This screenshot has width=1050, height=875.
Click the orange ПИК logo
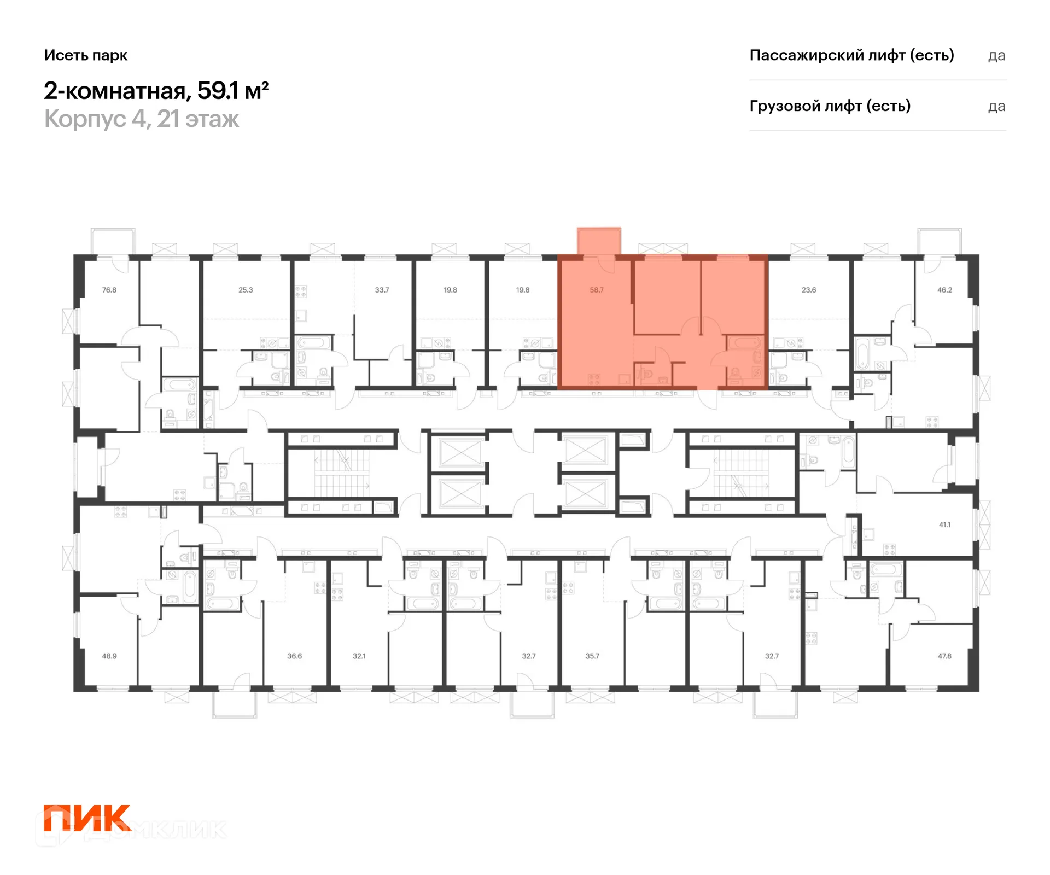coord(87,818)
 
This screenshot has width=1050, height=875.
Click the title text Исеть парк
coord(86,55)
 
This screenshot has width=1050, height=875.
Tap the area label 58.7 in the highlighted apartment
coord(597,290)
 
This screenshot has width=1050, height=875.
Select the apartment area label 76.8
coord(109,290)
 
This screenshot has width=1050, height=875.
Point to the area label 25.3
coord(246,290)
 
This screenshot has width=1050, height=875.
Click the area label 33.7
coord(382,290)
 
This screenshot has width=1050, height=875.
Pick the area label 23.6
coord(809,290)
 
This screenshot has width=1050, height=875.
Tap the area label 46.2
coord(944,290)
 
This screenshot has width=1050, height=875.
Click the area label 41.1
coord(944,524)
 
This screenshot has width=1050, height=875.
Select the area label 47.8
coord(944,656)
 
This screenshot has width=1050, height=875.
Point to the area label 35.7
coord(592,656)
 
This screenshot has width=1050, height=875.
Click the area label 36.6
coord(294,656)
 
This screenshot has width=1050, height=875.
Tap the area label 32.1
coord(359,656)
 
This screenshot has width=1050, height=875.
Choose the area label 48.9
coord(109,656)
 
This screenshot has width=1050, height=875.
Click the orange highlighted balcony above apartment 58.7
coord(599,241)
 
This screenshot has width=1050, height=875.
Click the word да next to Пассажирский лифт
coord(997,56)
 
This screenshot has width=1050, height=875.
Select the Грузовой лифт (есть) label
coord(830,106)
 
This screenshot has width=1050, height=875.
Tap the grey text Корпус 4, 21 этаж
coord(142,119)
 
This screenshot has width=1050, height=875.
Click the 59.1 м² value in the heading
coord(233,90)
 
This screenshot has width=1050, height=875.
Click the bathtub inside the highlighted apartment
coord(744,343)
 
